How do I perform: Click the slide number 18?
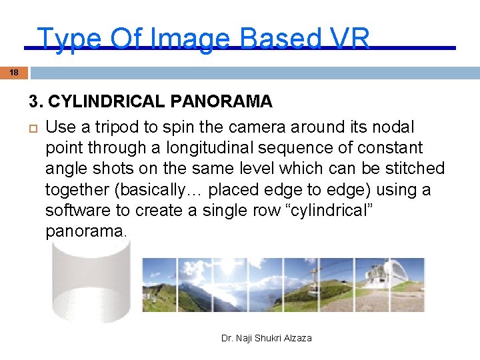pos(14,72)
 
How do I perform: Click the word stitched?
pos(414,169)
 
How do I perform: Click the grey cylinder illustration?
pos(91,280)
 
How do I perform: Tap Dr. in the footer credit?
pos(227,338)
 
